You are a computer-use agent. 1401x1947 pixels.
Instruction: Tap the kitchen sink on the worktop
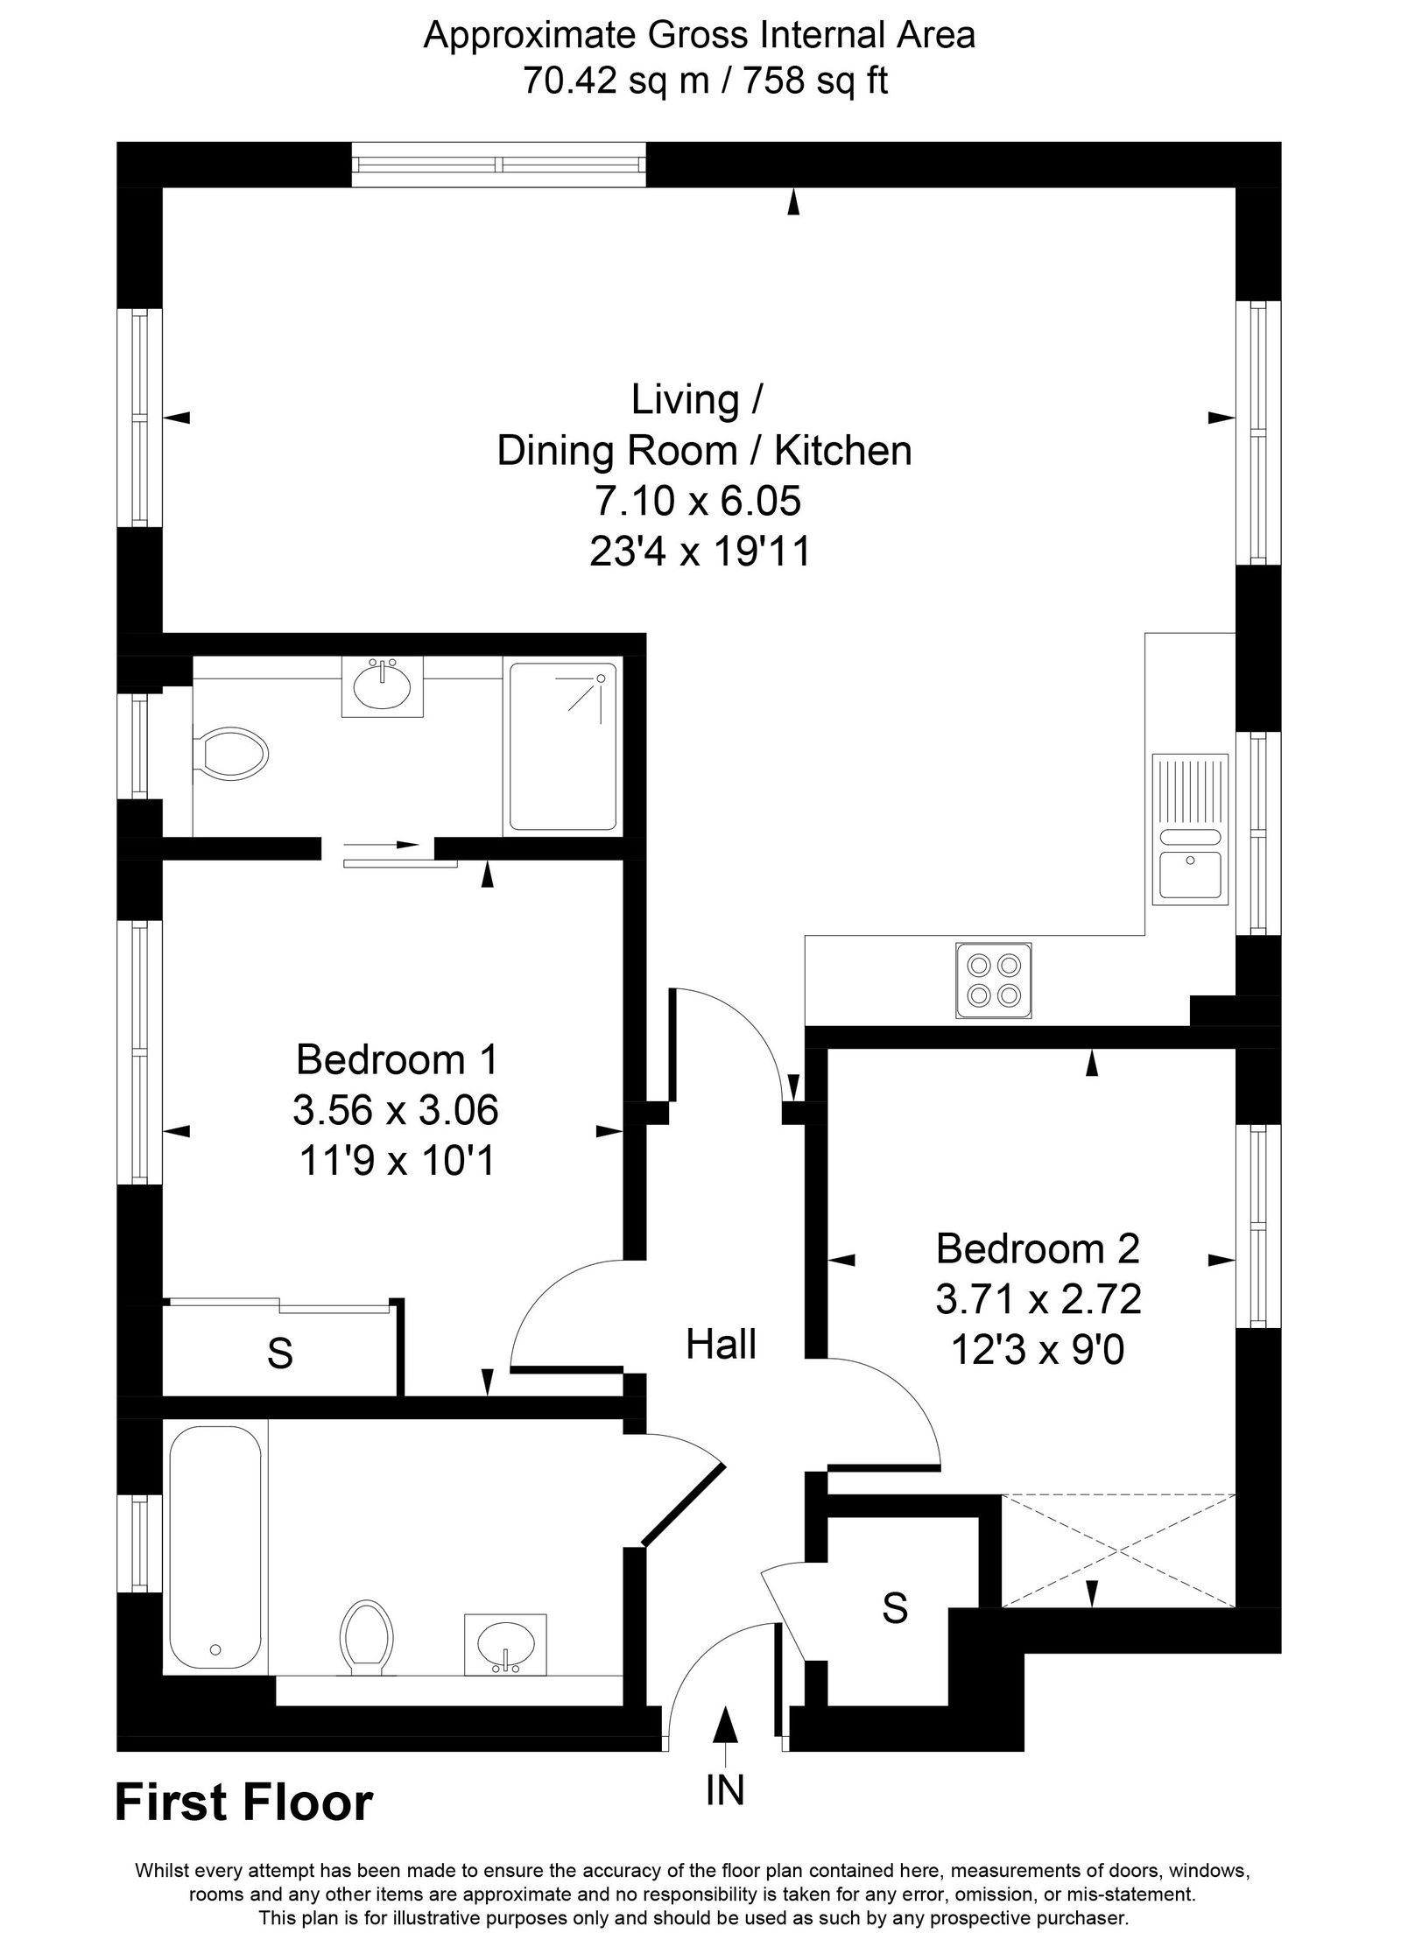pos(1191,828)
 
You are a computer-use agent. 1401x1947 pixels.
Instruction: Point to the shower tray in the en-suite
pos(563,747)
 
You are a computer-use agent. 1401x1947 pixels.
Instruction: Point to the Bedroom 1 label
pos(397,1060)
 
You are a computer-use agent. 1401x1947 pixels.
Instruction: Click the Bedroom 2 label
pos(1038,1248)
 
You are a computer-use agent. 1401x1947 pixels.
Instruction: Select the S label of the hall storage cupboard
pos(894,1608)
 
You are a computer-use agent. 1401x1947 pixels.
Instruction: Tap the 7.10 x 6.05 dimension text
pos(698,502)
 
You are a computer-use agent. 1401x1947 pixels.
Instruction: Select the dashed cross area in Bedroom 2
pos(1117,1550)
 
